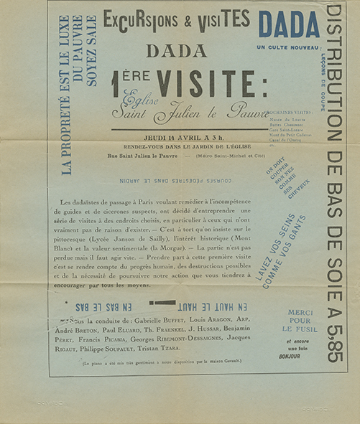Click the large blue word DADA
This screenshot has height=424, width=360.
coord(289,25)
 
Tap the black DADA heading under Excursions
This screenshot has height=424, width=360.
coord(176,51)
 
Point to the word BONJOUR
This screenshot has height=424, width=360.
coord(301,356)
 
